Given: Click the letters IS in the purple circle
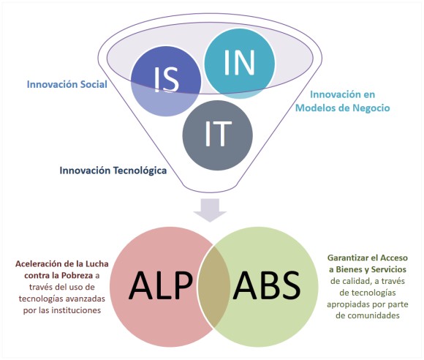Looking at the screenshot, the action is point(167,80).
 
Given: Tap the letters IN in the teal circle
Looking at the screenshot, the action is point(240,63).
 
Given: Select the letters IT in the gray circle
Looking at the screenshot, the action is point(218,134).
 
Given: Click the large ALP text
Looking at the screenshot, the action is point(161,285).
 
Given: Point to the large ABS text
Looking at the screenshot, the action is point(267,285).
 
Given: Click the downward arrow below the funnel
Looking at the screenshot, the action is point(210,210).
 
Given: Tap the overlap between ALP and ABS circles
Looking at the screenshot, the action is point(214,286).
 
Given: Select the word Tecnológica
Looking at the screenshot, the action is point(140,170).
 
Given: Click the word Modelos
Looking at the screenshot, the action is point(314,108).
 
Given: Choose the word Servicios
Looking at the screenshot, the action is point(389,269).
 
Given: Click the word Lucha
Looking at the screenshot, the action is point(97,263).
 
